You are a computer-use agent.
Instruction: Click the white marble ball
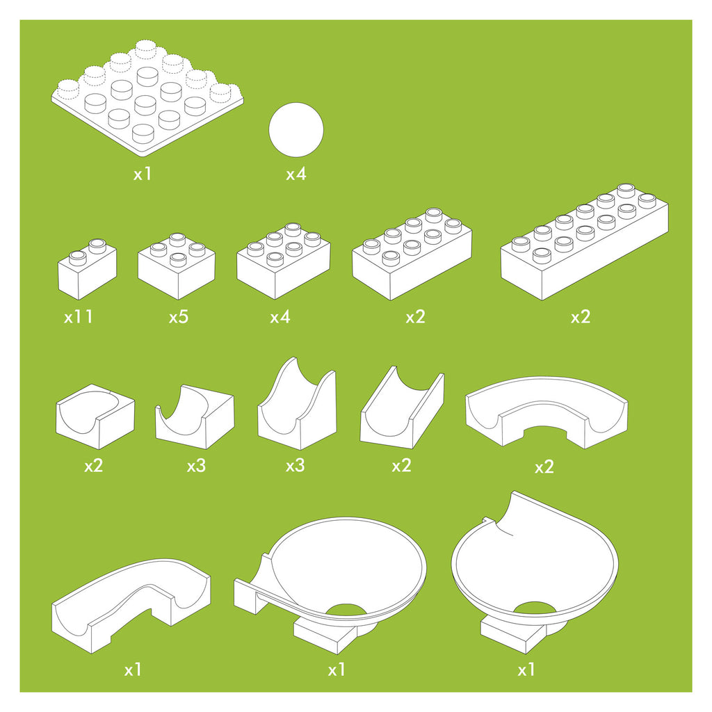click(x=296, y=130)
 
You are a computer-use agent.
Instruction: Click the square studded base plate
click(x=147, y=98)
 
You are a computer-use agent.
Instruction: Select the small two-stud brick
click(x=87, y=269)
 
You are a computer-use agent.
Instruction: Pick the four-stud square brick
click(x=177, y=266)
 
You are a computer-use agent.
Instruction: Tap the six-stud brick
click(x=284, y=261)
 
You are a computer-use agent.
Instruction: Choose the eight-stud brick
click(x=412, y=254)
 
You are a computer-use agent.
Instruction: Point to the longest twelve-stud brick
click(x=584, y=241)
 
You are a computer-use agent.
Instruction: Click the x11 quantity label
click(x=79, y=316)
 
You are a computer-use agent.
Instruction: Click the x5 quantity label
click(x=179, y=316)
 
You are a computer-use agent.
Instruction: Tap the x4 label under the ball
click(x=296, y=174)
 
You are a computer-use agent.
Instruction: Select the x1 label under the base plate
click(x=142, y=174)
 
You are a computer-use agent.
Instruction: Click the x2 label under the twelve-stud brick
click(x=581, y=316)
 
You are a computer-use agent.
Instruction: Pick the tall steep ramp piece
click(x=297, y=404)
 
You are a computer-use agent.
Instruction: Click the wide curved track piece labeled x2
click(x=547, y=411)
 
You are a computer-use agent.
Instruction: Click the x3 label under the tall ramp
click(x=295, y=466)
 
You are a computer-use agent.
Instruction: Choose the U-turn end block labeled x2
click(x=95, y=416)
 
